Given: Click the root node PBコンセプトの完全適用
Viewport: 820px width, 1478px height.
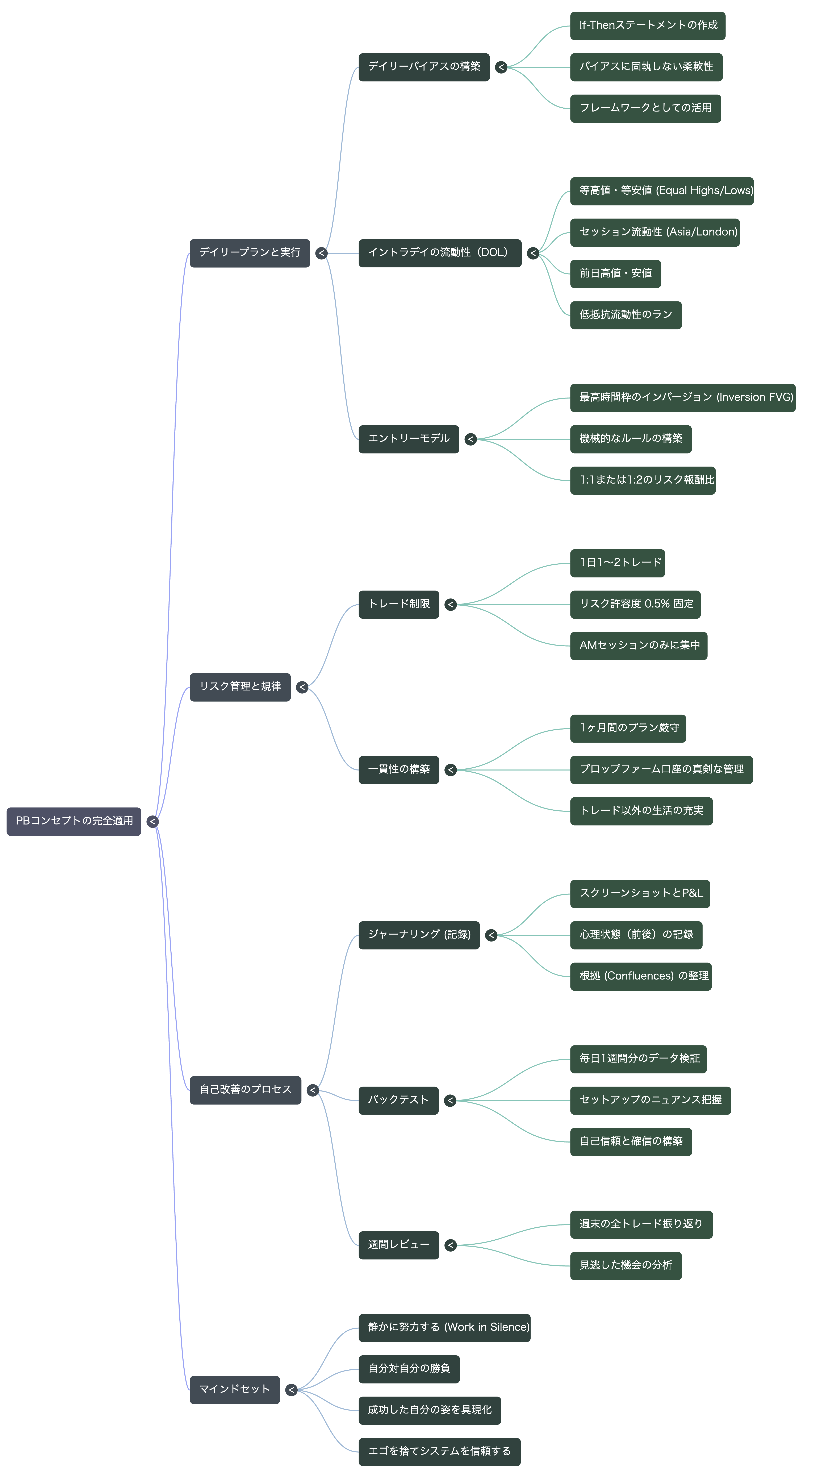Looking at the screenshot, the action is pyautogui.click(x=74, y=821).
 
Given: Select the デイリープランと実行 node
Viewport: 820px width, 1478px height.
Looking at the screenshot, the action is pyautogui.click(x=250, y=253).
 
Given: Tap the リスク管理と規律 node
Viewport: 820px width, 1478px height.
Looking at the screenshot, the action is pyautogui.click(x=240, y=687).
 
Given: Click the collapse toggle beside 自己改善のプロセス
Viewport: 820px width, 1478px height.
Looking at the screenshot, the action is pyautogui.click(x=313, y=1090).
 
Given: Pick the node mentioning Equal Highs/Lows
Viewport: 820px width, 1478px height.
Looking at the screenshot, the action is pyautogui.click(x=662, y=191).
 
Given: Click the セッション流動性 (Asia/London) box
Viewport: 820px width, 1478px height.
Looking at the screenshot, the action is pyautogui.click(x=655, y=232).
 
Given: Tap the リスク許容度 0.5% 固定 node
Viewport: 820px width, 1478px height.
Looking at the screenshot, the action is pyautogui.click(x=635, y=604).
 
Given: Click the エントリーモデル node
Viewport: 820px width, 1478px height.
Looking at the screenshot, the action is pyautogui.click(x=409, y=439).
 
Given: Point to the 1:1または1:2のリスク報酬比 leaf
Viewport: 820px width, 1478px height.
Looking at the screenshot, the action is pyautogui.click(x=643, y=480).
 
